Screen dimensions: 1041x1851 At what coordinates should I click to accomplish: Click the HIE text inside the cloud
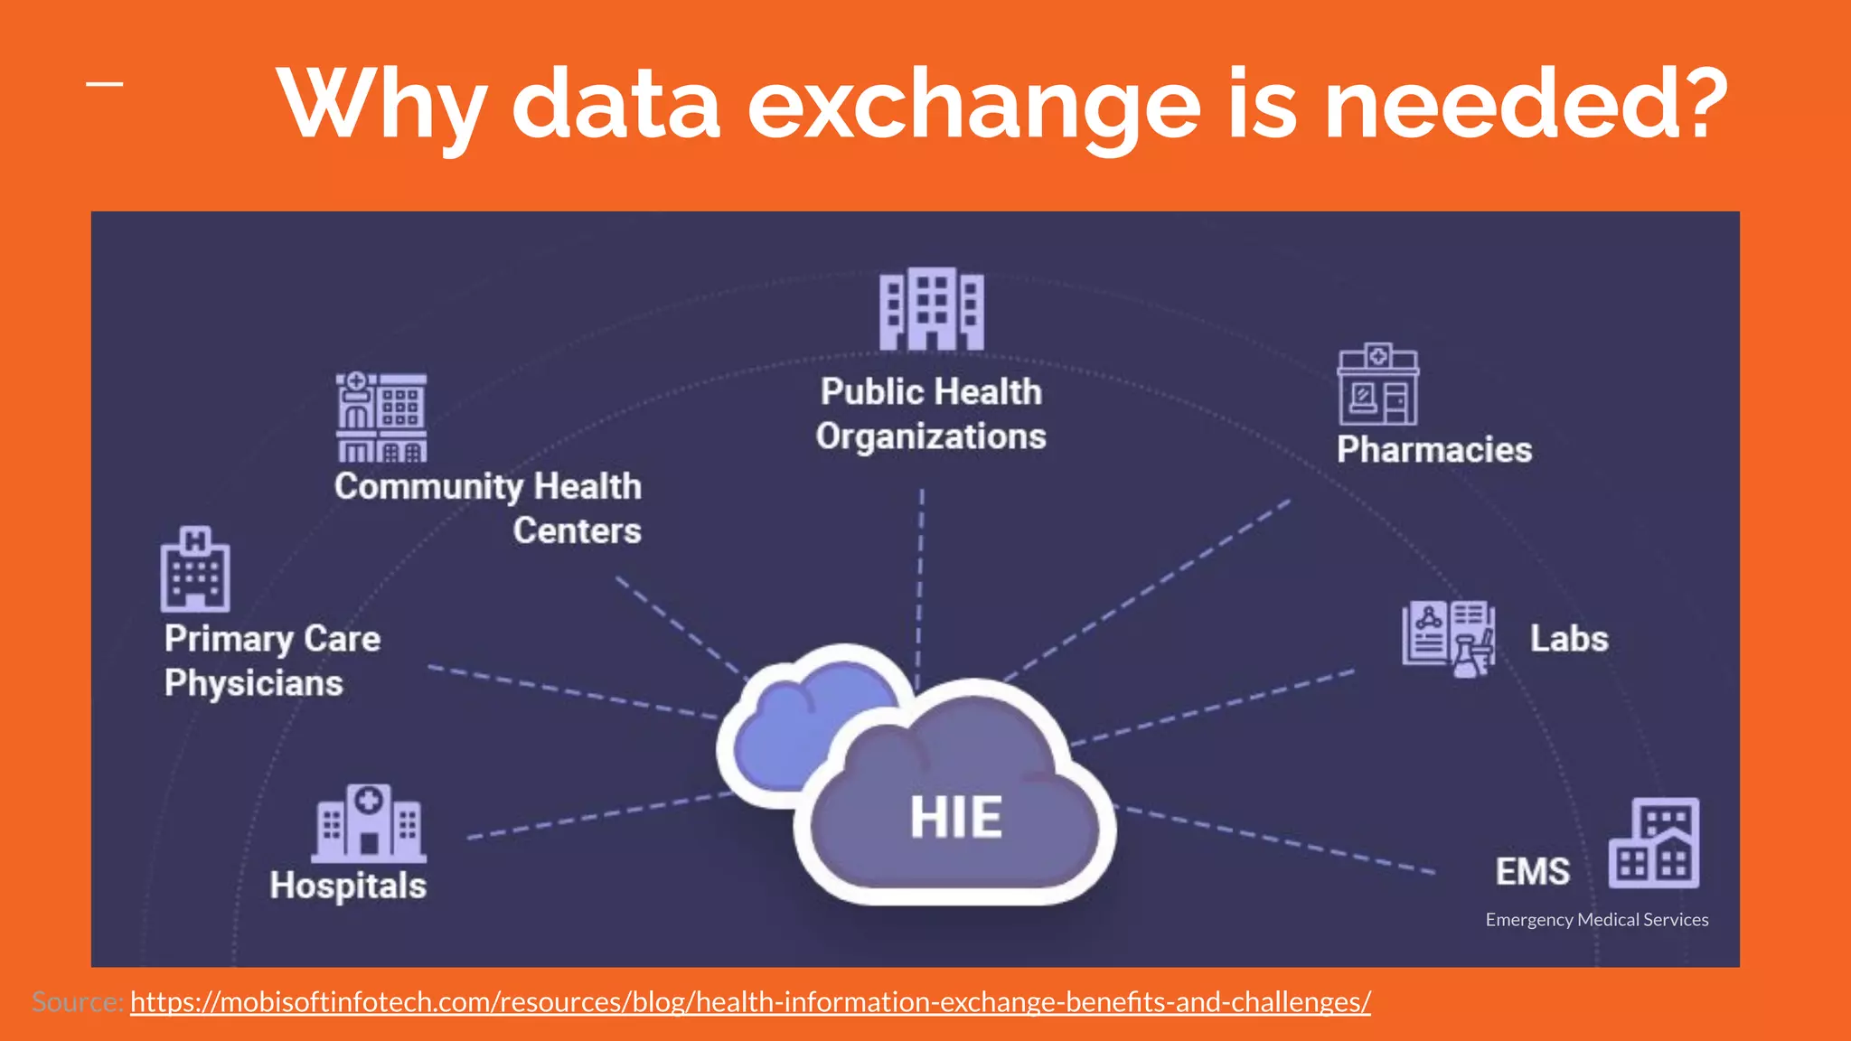click(x=955, y=817)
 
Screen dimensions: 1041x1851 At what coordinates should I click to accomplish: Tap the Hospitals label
click(x=348, y=886)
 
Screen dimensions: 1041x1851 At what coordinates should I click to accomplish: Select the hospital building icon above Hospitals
click(x=369, y=823)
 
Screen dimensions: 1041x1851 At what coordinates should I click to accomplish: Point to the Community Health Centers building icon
click(x=381, y=417)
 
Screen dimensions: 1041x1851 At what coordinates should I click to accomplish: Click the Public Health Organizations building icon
click(x=932, y=309)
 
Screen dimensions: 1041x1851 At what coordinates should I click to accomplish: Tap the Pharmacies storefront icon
click(x=1377, y=385)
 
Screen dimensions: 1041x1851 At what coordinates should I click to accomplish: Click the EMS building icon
click(x=1654, y=843)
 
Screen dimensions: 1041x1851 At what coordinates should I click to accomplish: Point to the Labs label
click(x=1569, y=639)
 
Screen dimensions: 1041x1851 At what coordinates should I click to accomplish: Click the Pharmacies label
click(x=1434, y=450)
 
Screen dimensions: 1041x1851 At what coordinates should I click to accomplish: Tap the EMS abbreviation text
click(x=1532, y=872)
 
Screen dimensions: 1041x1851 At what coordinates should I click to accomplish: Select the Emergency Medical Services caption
click(x=1597, y=920)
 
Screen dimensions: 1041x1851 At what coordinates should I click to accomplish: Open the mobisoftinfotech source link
click(x=750, y=1002)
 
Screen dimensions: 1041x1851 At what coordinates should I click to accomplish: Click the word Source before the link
click(x=78, y=1002)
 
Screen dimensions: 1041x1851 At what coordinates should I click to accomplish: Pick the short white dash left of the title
click(x=105, y=85)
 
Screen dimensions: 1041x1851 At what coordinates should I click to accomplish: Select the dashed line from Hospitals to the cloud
click(x=597, y=816)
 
